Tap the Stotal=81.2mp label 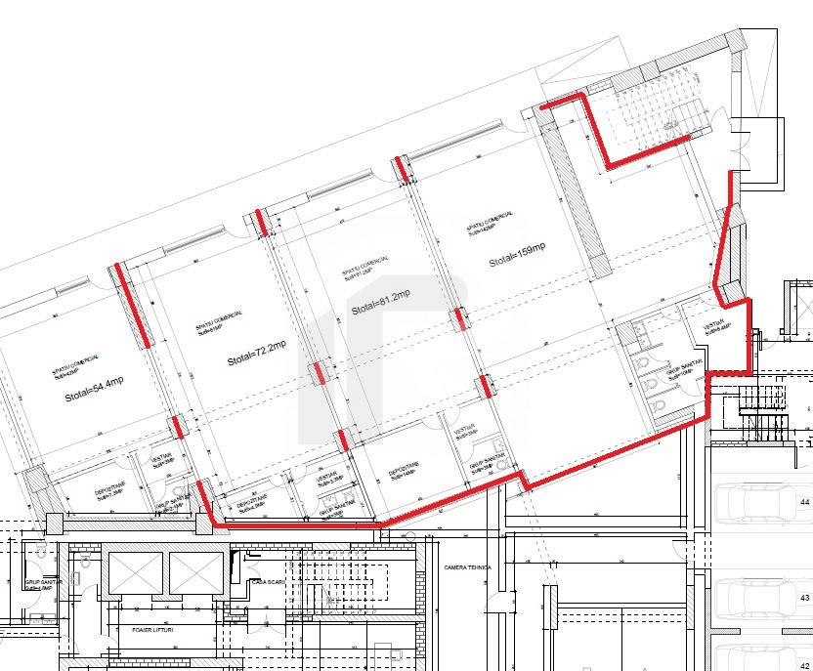[381, 302]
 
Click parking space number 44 [805, 502]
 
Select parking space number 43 [805, 596]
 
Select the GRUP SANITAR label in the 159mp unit [681, 370]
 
